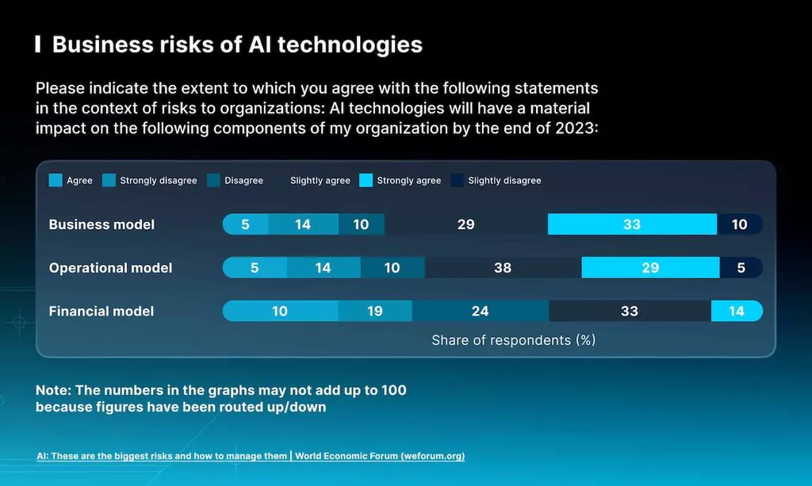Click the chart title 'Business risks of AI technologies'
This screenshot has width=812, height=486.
[237, 44]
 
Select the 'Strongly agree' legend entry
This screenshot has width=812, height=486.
[400, 181]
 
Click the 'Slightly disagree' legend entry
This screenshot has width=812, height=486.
[496, 181]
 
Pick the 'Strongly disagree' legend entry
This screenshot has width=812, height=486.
[151, 181]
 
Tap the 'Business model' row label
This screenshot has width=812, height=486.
[101, 224]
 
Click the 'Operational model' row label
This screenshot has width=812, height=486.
[110, 268]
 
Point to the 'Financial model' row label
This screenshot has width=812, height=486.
[101, 311]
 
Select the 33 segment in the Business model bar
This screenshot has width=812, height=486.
[632, 224]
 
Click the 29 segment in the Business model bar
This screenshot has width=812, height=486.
[466, 224]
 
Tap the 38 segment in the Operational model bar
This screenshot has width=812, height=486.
[503, 268]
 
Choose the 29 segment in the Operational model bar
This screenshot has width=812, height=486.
[650, 268]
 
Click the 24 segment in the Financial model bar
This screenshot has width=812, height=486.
[481, 311]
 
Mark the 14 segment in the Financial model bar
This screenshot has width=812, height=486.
[737, 311]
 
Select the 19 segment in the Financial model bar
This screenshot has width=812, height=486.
[375, 311]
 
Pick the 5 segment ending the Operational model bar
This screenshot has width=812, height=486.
[741, 268]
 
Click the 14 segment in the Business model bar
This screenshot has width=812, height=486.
[303, 224]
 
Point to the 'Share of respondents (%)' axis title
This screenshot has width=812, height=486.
[513, 340]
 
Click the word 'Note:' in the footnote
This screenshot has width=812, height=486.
[55, 391]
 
